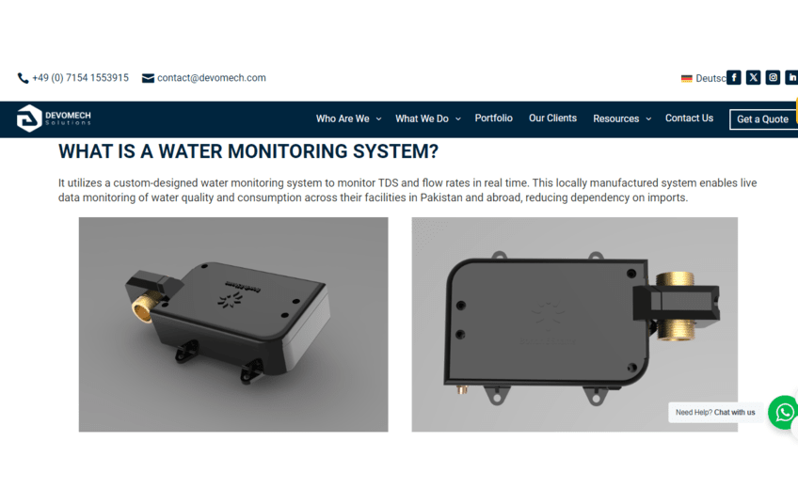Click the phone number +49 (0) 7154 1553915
click(x=80, y=78)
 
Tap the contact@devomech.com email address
click(x=211, y=78)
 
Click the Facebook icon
click(x=733, y=77)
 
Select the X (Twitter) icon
click(x=753, y=77)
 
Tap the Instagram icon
click(x=774, y=77)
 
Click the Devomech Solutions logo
click(x=54, y=118)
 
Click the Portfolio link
click(x=494, y=118)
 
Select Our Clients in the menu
click(x=552, y=118)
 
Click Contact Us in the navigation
click(x=689, y=118)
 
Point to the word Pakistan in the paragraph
click(x=441, y=197)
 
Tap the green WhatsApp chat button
click(x=784, y=412)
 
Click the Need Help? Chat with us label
click(x=715, y=413)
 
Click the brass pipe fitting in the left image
click(x=143, y=307)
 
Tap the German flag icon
click(x=687, y=78)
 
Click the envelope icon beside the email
click(x=148, y=78)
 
